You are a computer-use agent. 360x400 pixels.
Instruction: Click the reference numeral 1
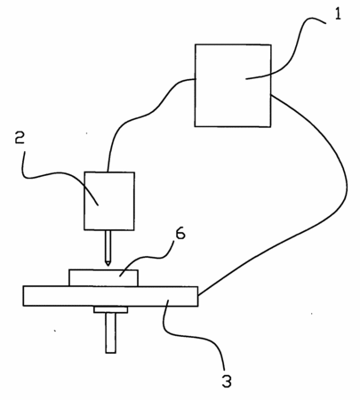tap(338, 14)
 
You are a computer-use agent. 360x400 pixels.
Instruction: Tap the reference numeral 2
tap(20, 138)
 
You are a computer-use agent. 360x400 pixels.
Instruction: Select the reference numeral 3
tap(227, 381)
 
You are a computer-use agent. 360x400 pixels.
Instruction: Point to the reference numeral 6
tap(180, 234)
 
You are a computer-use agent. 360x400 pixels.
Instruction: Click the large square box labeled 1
tap(233, 85)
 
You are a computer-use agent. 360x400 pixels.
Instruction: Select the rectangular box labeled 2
tap(109, 201)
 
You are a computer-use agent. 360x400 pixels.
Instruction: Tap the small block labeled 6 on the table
tap(103, 277)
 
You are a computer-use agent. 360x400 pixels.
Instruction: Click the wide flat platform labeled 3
tap(110, 296)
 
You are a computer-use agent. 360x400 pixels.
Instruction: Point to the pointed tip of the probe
tap(108, 265)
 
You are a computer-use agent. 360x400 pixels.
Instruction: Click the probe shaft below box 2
tap(108, 246)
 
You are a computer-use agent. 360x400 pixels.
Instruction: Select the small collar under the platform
tap(111, 309)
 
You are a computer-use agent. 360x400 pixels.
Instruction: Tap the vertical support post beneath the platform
tap(111, 333)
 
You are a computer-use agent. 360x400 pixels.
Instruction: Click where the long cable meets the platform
tap(198, 295)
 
